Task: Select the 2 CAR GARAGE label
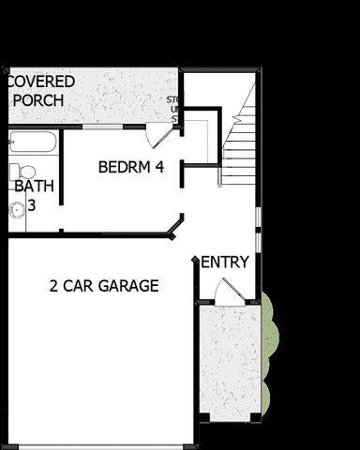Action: pyautogui.click(x=104, y=286)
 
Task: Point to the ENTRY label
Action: pyautogui.click(x=225, y=262)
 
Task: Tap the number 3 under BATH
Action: pyautogui.click(x=31, y=203)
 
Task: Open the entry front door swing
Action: pyautogui.click(x=229, y=292)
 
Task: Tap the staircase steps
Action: pyautogui.click(x=240, y=141)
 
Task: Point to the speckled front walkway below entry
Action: pyautogui.click(x=229, y=361)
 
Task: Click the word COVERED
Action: pyautogui.click(x=41, y=82)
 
